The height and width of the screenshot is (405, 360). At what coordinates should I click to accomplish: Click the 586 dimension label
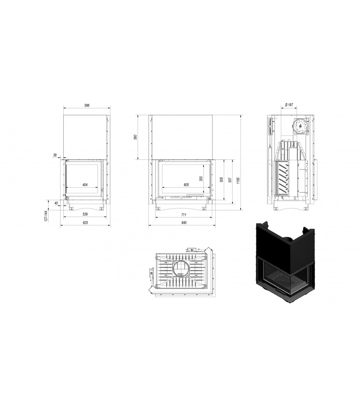[x=86, y=105]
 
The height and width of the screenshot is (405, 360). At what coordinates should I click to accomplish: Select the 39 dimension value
[x=55, y=155]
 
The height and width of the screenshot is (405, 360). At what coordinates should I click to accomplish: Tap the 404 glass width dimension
[x=85, y=185]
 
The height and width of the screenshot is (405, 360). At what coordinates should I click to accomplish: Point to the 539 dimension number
[x=85, y=214]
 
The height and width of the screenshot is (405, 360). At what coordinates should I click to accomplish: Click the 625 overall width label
[x=85, y=223]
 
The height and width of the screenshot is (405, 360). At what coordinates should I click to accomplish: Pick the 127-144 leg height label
[x=46, y=216]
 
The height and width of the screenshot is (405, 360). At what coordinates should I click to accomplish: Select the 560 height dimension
[x=136, y=138]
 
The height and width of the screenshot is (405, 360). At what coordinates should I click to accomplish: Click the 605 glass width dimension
[x=186, y=185]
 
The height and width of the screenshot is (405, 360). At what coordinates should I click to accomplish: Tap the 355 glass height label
[x=201, y=179]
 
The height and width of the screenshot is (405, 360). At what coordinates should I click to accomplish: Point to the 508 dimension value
[x=222, y=179]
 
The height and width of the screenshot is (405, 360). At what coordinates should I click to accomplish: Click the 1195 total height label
[x=238, y=181]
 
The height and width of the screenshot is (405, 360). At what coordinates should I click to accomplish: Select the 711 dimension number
[x=183, y=214]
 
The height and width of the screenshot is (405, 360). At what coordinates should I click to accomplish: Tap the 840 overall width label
[x=184, y=223]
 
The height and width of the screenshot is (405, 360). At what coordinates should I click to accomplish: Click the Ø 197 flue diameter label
[x=289, y=105]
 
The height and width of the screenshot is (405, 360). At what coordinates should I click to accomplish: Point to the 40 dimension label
[x=56, y=203]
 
